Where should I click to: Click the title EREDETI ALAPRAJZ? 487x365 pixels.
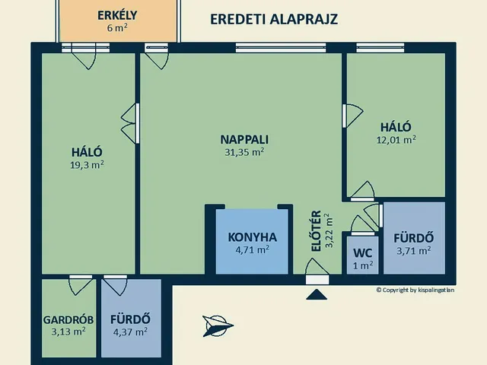[x=273, y=19]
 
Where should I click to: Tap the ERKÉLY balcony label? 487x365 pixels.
[x=116, y=15]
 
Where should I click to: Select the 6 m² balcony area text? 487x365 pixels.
[x=116, y=28]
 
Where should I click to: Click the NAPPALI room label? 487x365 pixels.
[x=244, y=139]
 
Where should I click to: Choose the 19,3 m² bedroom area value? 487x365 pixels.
[x=87, y=163]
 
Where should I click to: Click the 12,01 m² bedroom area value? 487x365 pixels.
[x=396, y=140]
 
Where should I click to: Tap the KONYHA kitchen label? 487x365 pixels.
[x=253, y=236]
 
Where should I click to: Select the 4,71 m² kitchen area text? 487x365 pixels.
[x=253, y=249]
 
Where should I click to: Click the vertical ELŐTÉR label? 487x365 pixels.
[x=317, y=230]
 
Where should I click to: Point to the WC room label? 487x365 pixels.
[x=362, y=252]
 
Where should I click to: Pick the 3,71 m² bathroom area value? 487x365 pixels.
[x=413, y=249]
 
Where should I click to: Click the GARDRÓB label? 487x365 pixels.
[x=68, y=319]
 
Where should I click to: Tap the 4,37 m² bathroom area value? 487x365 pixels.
[x=129, y=332]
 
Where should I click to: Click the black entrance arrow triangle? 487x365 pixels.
[x=316, y=294]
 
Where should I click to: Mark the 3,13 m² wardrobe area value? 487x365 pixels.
[x=68, y=332]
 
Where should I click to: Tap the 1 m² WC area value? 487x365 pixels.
[x=362, y=265]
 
